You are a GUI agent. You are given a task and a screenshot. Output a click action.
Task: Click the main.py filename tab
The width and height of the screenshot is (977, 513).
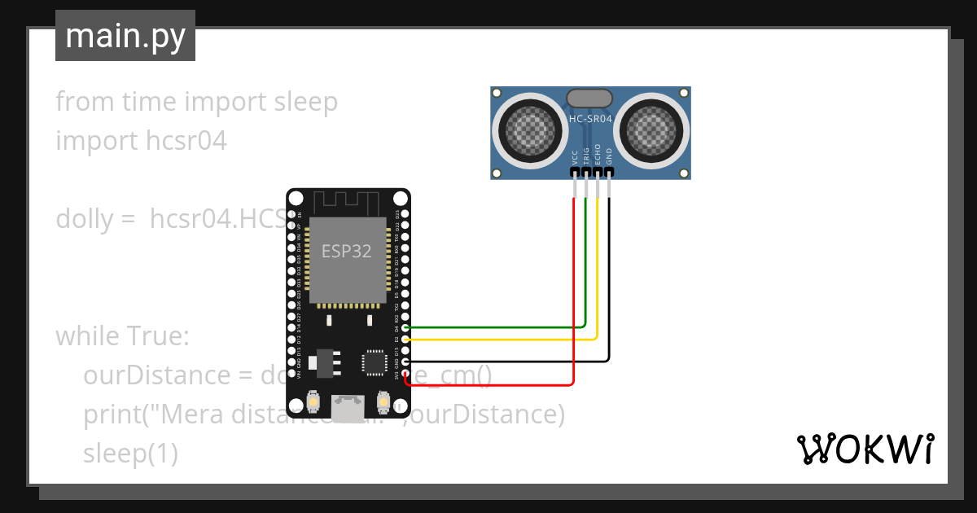(x=125, y=36)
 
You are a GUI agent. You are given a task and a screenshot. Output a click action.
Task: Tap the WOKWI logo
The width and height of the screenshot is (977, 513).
(x=865, y=449)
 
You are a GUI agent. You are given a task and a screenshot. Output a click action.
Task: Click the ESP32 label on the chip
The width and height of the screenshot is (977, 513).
(x=347, y=251)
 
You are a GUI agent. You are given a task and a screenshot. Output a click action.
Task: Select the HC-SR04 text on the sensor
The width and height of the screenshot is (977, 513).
(x=589, y=119)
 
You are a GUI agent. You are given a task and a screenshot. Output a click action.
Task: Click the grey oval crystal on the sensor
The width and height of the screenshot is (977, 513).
(x=589, y=98)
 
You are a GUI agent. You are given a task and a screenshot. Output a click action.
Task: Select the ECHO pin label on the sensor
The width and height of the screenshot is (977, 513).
(x=598, y=154)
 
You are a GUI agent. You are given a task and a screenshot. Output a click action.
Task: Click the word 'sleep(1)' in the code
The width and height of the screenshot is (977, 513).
(x=130, y=454)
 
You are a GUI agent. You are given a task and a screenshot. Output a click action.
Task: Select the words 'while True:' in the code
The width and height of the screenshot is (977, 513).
(x=122, y=335)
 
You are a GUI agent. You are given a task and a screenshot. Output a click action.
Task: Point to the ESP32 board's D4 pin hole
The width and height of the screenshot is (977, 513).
(x=405, y=327)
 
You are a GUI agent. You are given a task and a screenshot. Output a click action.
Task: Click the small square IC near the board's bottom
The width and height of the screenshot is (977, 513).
(x=375, y=362)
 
